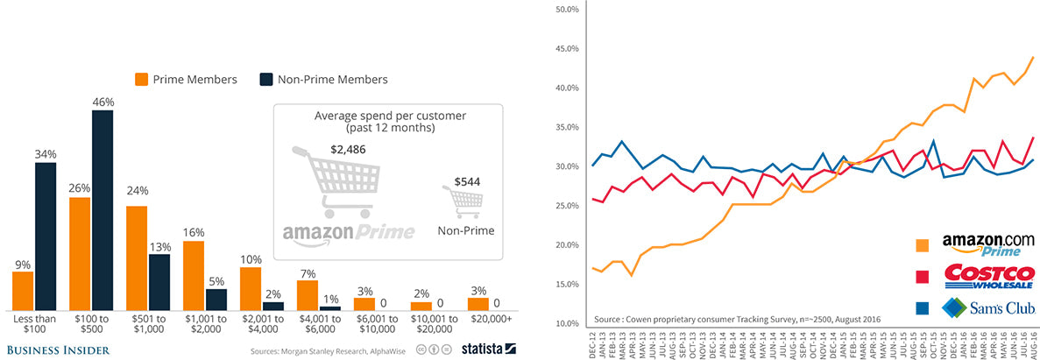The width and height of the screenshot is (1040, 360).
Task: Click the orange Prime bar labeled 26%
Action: pos(80,254)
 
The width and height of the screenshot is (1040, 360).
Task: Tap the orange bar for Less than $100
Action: pos(23,291)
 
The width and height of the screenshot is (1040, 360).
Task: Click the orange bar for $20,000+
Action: pos(478,304)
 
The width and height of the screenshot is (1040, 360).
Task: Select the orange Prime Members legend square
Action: pos(140,79)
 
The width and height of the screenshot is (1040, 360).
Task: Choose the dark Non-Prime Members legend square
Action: pos(265,79)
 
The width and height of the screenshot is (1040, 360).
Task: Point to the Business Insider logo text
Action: pos(56,350)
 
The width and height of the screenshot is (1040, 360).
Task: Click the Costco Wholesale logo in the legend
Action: pos(988,276)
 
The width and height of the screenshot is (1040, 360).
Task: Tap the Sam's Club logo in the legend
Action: pos(988,307)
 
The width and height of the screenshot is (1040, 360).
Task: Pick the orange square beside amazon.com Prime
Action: pos(920,245)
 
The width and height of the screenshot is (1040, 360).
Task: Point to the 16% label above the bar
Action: pos(193,232)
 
